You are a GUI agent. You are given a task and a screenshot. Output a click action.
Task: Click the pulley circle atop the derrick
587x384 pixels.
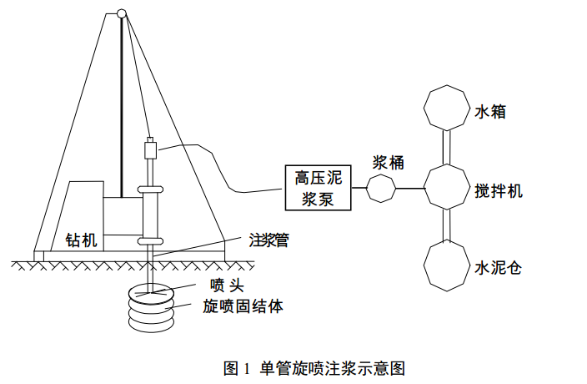coord(121,13)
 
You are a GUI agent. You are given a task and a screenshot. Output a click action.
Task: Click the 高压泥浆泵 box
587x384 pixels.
coord(319,188)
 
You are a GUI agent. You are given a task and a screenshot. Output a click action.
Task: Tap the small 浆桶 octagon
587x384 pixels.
coord(381,188)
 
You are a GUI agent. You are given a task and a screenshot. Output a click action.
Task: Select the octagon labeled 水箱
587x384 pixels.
coord(447,108)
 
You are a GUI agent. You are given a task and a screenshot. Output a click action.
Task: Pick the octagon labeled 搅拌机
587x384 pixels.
coord(447,186)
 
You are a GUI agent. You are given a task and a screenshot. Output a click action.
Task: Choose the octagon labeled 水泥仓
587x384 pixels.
coord(447,266)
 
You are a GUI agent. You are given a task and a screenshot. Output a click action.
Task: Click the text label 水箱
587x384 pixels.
coord(490,112)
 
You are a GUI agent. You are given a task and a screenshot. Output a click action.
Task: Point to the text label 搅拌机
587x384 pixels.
coord(499,191)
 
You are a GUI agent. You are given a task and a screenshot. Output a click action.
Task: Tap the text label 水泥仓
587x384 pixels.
coord(498,268)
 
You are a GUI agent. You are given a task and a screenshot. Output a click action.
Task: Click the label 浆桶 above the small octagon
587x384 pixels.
coord(389,163)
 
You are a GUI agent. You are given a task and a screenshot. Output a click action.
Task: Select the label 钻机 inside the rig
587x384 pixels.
coord(81,240)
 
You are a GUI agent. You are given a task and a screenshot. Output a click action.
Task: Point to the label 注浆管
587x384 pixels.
coord(269,240)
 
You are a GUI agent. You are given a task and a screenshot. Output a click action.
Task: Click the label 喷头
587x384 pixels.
coord(227,285)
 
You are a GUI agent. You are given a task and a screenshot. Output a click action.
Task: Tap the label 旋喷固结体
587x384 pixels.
coord(243,306)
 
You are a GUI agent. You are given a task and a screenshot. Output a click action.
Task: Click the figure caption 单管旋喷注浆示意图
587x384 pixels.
coord(333,369)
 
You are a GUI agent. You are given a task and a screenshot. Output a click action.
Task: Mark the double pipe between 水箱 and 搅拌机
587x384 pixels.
coord(447,147)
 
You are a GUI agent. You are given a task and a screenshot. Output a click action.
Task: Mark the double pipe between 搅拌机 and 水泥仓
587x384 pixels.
coord(447,226)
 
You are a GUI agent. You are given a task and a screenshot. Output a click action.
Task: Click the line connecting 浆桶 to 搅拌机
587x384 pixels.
coord(409,188)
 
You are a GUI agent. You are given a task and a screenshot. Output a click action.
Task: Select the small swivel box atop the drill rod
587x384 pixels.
coord(150,149)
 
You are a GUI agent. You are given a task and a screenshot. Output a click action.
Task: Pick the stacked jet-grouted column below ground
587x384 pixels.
coord(151,310)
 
